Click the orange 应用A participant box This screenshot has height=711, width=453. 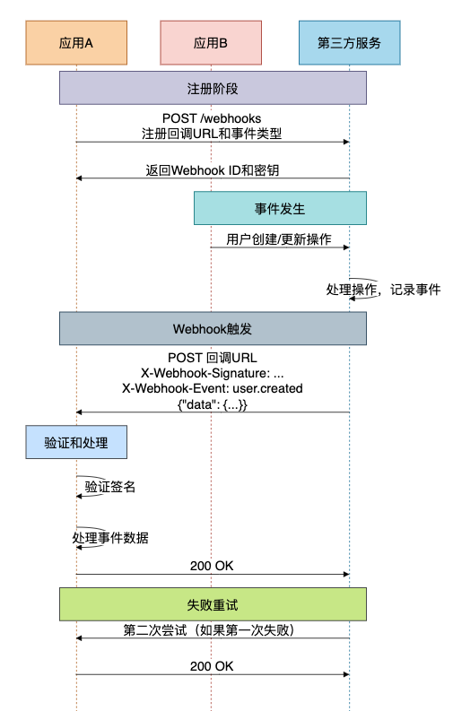click(x=76, y=43)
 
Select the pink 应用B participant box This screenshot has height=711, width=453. click(x=211, y=43)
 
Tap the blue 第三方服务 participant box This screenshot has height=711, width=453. click(x=350, y=43)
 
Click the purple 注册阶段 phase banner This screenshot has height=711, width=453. click(x=213, y=88)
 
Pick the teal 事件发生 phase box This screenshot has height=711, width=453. click(x=280, y=208)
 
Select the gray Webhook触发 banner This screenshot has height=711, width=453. click(x=213, y=328)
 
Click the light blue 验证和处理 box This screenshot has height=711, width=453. click(x=76, y=442)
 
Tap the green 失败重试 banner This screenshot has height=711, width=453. click(x=213, y=604)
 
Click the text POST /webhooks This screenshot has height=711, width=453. click(x=212, y=118)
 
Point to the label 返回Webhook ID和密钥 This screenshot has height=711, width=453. click(x=213, y=170)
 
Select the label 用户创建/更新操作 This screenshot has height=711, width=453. click(x=279, y=239)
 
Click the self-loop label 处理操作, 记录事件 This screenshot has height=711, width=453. click(x=383, y=290)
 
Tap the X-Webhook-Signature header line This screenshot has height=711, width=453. click(x=213, y=373)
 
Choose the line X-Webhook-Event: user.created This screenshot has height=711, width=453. click(x=213, y=388)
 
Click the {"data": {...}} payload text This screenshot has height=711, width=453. click(x=213, y=404)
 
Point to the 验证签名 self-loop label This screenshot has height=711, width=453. click(x=110, y=487)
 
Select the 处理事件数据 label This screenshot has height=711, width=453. click(x=110, y=538)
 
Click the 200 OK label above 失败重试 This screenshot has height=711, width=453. click(x=212, y=566)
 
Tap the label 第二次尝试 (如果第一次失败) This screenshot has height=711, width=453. click(x=209, y=629)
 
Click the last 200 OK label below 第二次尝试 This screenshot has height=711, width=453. click(x=212, y=666)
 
